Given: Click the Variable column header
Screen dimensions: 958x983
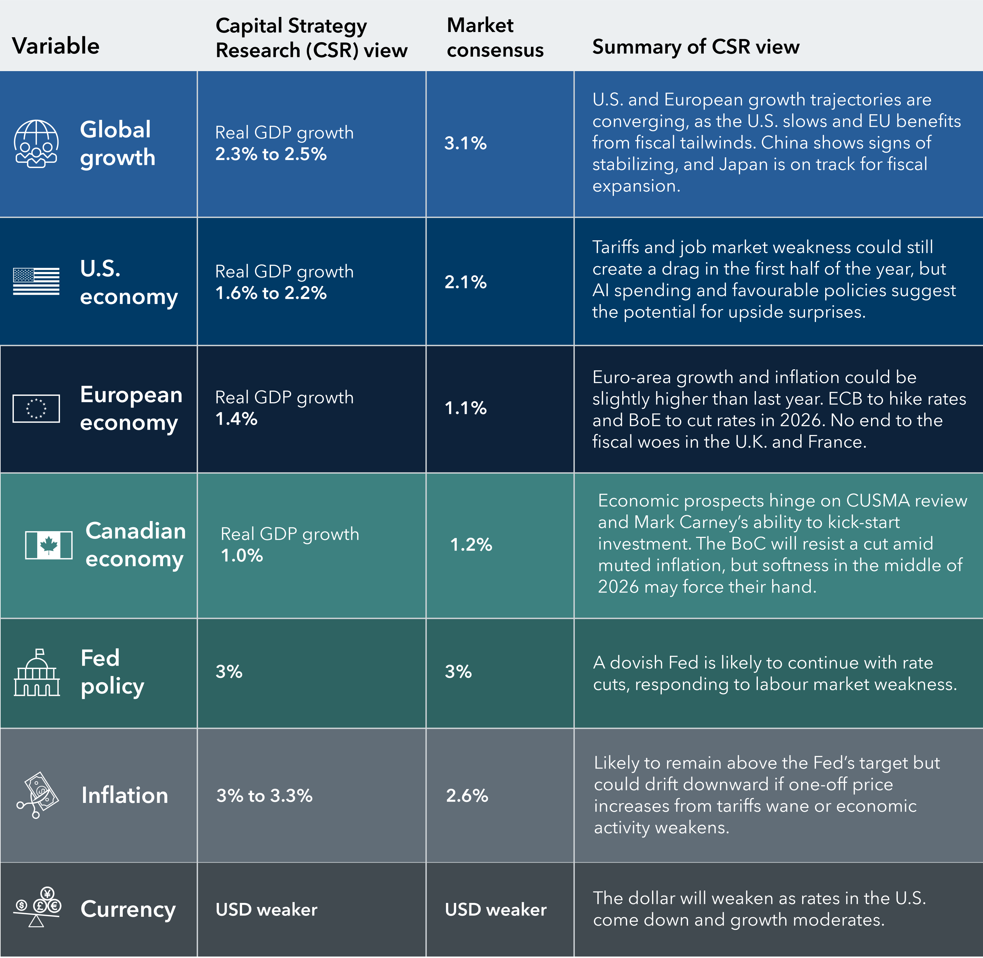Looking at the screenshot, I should (x=55, y=46).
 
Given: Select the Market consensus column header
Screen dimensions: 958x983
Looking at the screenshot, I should (x=495, y=38).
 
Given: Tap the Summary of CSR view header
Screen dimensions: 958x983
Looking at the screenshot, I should (x=695, y=47).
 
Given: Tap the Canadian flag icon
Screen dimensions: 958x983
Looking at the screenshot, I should (x=49, y=545).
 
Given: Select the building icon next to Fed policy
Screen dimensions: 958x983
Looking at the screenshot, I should (x=37, y=673).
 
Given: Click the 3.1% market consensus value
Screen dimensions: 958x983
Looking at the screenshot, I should (x=465, y=143).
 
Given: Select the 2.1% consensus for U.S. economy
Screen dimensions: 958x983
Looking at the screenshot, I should (x=465, y=282).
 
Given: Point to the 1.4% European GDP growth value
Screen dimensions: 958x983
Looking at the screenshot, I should (x=236, y=419).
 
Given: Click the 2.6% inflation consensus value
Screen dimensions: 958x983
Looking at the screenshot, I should (x=467, y=796).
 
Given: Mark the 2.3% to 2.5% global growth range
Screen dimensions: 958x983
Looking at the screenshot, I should (x=271, y=154).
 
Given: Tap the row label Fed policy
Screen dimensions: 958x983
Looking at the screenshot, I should (x=112, y=672).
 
